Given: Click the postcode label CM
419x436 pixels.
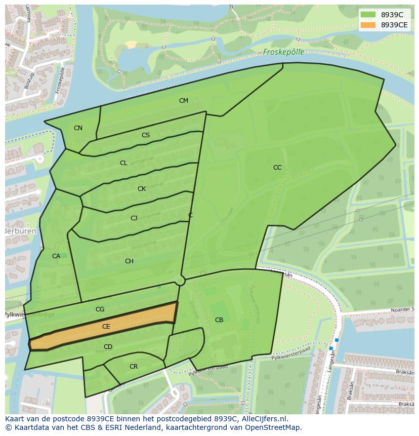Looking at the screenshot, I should [x=184, y=101].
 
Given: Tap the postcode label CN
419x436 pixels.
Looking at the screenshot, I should [x=78, y=128].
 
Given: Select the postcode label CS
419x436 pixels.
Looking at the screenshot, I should [x=146, y=135].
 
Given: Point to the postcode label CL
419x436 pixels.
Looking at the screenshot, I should [x=123, y=163].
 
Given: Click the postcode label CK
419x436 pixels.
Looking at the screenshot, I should [x=142, y=189].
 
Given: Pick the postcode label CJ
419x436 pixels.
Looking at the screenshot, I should [x=134, y=218].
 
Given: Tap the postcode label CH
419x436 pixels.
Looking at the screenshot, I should [x=129, y=261].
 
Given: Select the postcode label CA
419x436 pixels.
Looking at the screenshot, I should [x=56, y=256].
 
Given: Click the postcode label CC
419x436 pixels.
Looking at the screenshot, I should [x=277, y=168].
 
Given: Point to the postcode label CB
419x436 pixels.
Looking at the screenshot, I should [x=219, y=320].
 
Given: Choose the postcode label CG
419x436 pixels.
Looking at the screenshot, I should [x=100, y=309].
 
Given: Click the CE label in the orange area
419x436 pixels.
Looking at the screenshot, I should [x=106, y=327].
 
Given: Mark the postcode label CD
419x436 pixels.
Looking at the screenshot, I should [x=108, y=347].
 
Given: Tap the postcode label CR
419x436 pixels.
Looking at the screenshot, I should [x=134, y=367].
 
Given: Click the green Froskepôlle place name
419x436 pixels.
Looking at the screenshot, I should [x=283, y=52].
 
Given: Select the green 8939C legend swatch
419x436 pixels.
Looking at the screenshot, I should [x=368, y=15].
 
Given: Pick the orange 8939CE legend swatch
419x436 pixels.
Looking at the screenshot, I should [x=368, y=25].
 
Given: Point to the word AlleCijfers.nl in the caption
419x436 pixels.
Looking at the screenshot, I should [x=263, y=419].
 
